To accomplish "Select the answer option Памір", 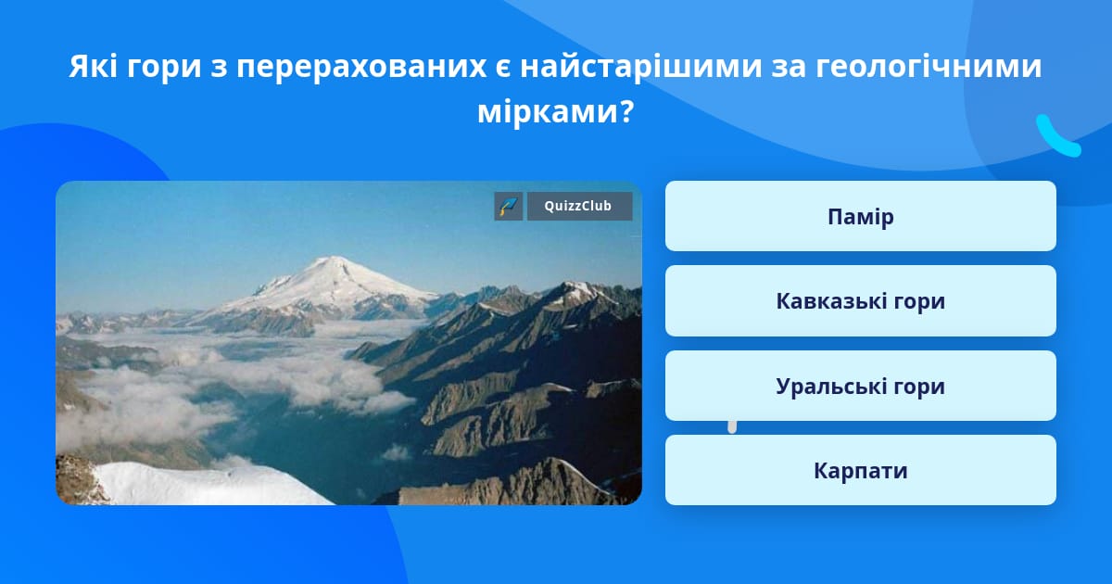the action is pos(860,216).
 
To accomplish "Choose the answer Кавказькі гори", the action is pos(860,301).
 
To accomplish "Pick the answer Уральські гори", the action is pos(860,386).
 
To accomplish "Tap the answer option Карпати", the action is pos(860,470).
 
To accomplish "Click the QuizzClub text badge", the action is pos(579,206).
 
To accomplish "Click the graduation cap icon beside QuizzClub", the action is pos(509,206).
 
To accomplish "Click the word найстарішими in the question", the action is pos(641,67).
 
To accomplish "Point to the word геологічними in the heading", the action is pos(929,67).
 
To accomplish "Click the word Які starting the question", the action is pos(94,66).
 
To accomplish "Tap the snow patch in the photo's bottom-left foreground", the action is pos(198,483).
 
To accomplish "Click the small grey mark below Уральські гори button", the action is pos(732,427).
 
